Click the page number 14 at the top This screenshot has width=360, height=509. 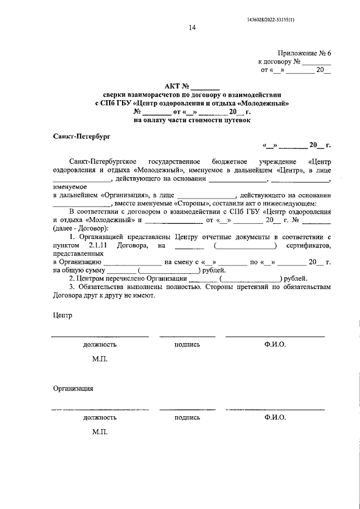[192, 28]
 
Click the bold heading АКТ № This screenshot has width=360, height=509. [177, 86]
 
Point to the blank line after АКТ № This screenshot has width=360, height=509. [205, 88]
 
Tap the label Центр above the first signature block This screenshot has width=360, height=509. [63, 316]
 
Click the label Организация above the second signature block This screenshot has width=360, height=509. [73, 388]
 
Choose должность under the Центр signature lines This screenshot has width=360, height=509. [100, 344]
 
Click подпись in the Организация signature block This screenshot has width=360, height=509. [187, 417]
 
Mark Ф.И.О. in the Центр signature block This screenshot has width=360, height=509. [274, 344]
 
